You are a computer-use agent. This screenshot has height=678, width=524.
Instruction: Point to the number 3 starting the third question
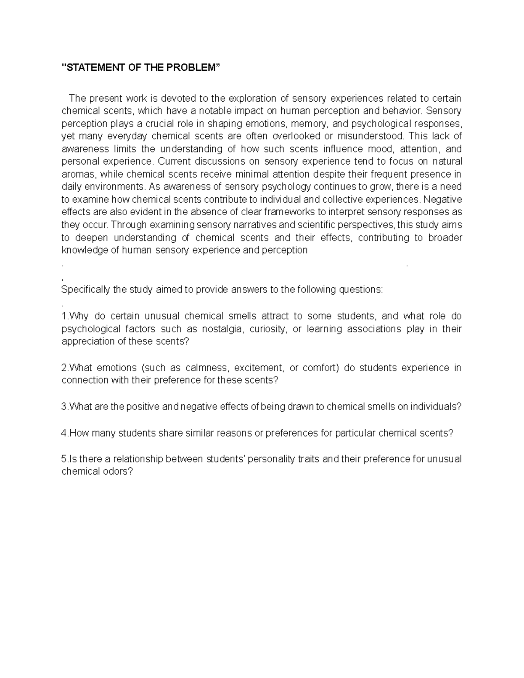click(64, 407)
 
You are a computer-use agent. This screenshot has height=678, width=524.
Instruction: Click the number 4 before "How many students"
click(64, 433)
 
